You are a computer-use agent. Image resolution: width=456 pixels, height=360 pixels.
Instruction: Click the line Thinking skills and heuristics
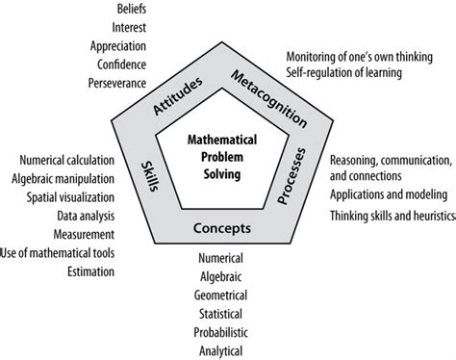click(390, 216)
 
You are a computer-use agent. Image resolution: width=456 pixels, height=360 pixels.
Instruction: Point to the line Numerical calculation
click(66, 159)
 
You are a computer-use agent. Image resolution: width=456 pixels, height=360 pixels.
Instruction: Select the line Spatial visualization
click(70, 197)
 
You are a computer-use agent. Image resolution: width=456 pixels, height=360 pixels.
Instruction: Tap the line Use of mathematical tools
click(59, 253)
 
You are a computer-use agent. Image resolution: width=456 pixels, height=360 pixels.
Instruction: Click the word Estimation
click(87, 272)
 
